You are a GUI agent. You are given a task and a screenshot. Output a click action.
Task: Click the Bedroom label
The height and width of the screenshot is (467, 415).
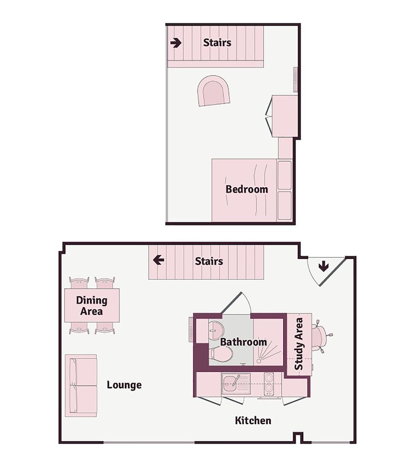coord(247,189)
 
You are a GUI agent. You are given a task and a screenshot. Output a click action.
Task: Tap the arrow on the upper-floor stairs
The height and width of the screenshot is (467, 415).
coord(176,43)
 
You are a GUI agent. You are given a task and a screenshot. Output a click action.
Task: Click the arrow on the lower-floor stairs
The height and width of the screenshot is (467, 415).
coord(159,260)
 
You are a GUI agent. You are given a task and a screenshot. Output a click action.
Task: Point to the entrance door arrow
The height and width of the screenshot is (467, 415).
coord(323,266)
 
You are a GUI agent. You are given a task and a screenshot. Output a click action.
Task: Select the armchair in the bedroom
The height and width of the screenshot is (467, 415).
coord(214,91)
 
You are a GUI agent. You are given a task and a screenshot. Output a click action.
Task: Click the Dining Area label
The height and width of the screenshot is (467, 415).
coord(92,305)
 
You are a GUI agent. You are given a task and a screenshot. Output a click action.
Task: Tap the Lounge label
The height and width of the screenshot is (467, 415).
coord(124,385)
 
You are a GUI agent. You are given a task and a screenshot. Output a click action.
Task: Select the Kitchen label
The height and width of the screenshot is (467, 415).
coord(253,420)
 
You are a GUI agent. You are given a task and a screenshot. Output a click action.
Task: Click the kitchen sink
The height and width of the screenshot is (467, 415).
coord(232,383)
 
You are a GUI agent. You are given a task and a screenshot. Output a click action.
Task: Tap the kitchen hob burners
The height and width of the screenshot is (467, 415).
coord(269,384)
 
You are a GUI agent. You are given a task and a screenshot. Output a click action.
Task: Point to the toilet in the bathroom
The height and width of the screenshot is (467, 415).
coord(221,354)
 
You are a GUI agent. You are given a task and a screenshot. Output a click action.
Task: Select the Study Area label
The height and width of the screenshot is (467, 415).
coord(299,344)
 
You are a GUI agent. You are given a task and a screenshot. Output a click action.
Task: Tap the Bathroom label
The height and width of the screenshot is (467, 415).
coord(243,342)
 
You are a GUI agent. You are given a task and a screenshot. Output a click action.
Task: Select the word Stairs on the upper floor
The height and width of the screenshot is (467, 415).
coord(217,42)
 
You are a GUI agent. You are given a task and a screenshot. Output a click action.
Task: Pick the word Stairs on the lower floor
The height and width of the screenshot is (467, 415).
coord(209,261)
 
